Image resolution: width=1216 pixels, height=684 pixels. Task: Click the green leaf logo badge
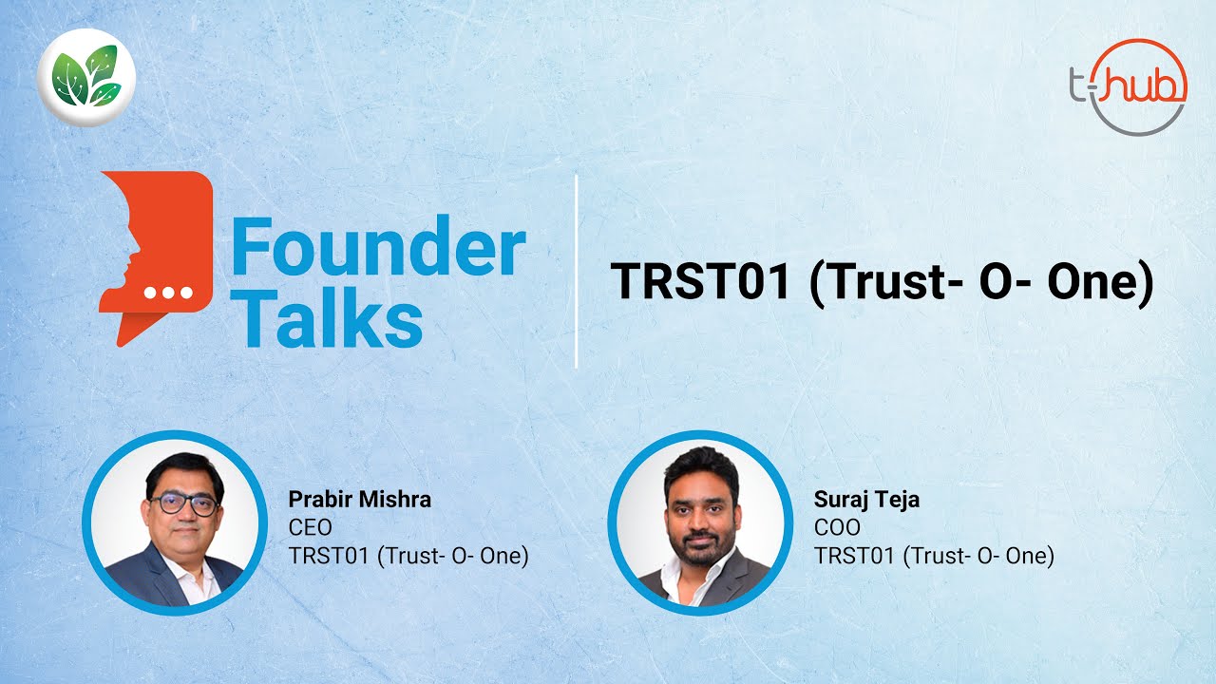pos(86,78)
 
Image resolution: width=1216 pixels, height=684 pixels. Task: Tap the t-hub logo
pos(1128,86)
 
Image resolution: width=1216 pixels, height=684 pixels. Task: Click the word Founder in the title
pos(378,245)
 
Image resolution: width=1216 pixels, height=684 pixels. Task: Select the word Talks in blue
pos(329,317)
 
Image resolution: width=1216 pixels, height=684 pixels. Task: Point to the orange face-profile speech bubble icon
pos(157,258)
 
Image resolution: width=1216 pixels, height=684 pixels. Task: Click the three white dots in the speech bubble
pos(168,293)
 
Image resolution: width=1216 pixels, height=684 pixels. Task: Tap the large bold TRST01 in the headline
pos(700,281)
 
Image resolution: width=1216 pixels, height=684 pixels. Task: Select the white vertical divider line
pos(576,272)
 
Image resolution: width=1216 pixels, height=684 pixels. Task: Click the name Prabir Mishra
pos(359,500)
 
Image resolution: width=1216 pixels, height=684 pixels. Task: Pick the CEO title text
pos(310,527)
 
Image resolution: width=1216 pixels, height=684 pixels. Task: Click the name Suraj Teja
pos(866,500)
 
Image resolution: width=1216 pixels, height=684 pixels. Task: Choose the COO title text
pos(837,527)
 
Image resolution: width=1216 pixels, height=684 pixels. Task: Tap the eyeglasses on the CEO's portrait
pos(183,504)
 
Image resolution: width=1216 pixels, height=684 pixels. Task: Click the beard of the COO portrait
pos(701,548)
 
